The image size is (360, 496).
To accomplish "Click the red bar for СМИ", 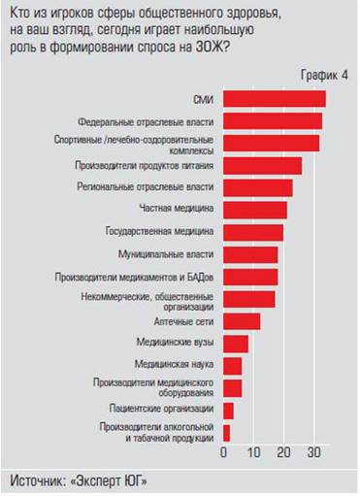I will tap(274, 99).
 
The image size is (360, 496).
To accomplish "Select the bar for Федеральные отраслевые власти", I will tap(273, 121).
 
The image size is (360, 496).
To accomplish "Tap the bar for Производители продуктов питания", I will tap(262, 166).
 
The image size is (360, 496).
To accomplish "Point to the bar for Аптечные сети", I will tap(242, 321).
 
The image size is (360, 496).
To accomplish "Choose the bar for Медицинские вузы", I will tap(236, 344).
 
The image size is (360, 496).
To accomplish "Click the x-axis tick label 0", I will tap(224, 453).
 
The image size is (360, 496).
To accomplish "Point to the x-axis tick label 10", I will tap(253, 453).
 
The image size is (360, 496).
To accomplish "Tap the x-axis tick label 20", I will tap(283, 453).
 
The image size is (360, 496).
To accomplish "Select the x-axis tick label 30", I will tap(312, 453).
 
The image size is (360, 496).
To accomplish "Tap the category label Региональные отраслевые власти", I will tap(159, 186).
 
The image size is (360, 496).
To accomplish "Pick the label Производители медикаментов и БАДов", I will tap(147, 277).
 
